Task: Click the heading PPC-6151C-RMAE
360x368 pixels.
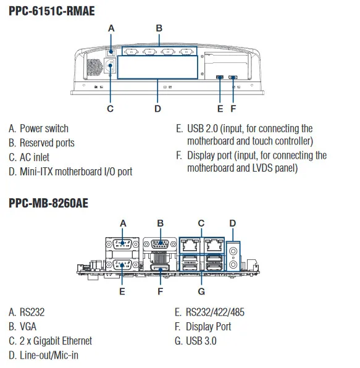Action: pos(52,10)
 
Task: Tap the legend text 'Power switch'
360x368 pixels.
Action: pos(44,128)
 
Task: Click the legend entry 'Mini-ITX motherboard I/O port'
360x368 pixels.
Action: pos(75,171)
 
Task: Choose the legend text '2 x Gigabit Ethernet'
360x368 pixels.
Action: pos(56,341)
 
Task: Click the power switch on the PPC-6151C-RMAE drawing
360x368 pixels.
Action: pos(111,52)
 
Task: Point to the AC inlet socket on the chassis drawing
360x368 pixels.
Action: pos(111,68)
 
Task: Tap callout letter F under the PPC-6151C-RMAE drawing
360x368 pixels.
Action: pos(233,109)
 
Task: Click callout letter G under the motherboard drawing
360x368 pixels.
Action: pos(201,290)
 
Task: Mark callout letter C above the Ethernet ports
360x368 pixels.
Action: pos(201,223)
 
